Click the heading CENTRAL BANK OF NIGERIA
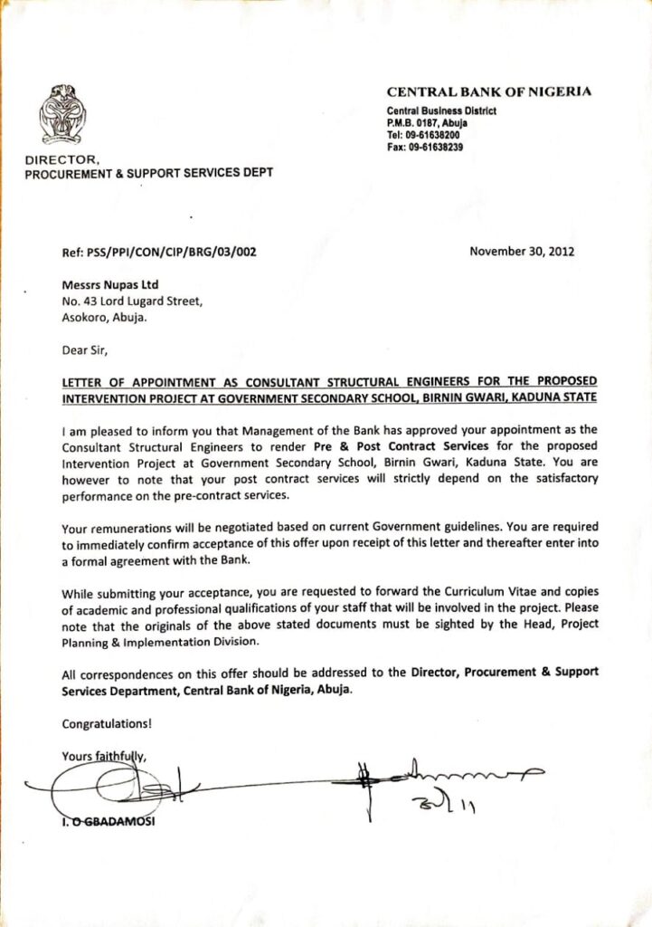[489, 91]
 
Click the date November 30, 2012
[522, 252]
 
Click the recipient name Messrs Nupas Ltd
[109, 285]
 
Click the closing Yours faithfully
[103, 756]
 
